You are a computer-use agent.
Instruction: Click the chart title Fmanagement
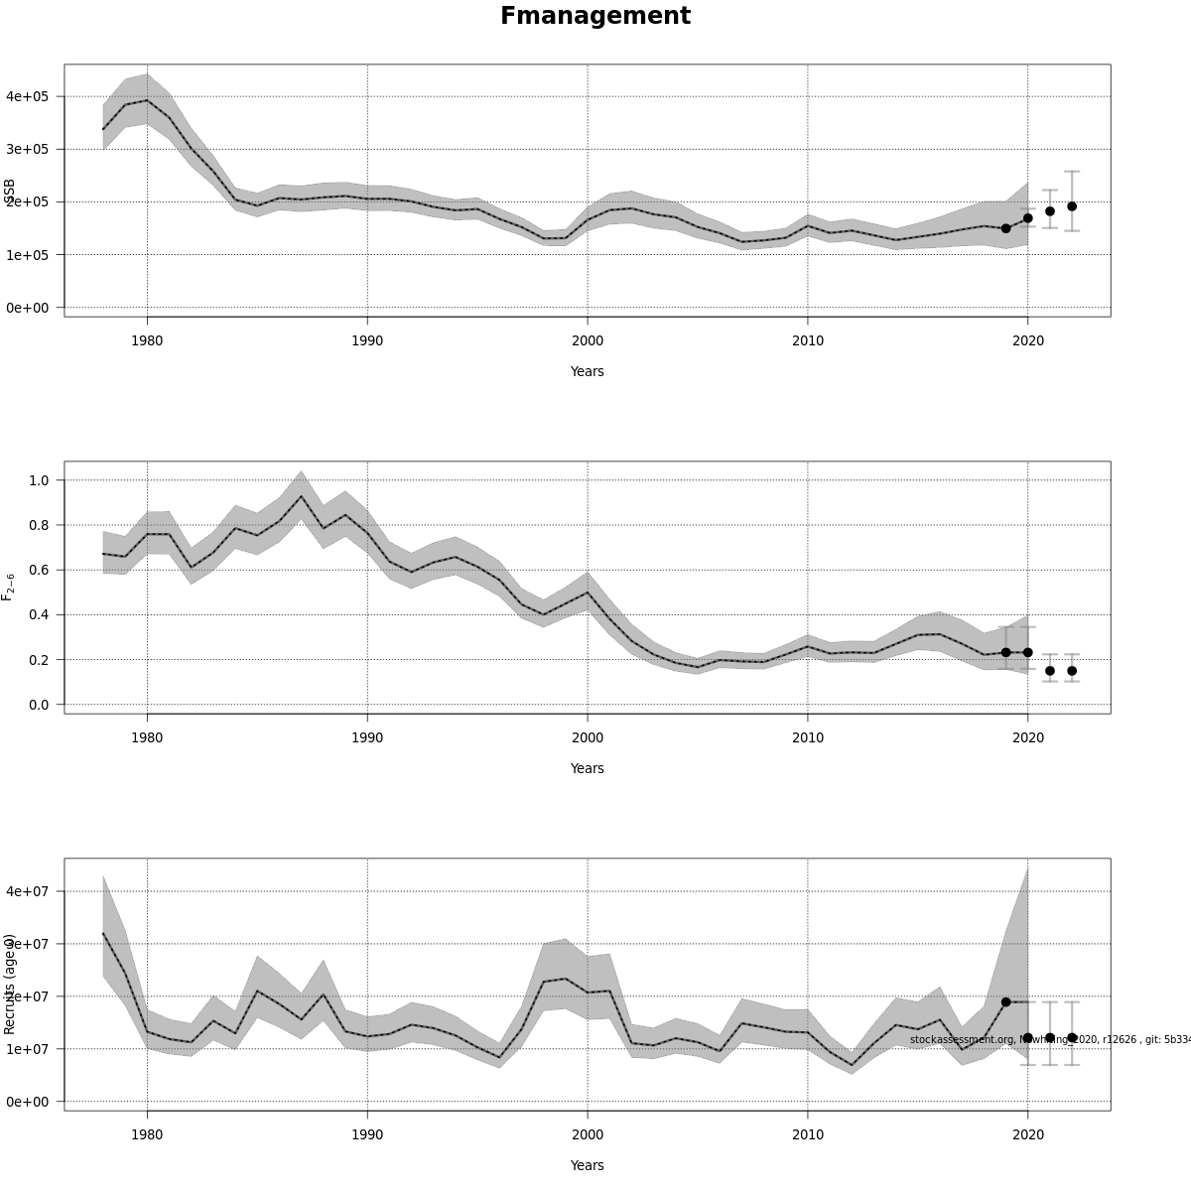595,16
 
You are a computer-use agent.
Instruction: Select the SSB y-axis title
10,192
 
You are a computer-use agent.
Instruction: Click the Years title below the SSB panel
587,371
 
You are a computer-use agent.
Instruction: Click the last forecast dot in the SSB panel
1072,206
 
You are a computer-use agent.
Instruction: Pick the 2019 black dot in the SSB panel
1005,228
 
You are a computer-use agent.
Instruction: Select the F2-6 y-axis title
9,587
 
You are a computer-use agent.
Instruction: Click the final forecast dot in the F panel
1072,671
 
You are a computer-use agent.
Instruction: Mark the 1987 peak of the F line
301,497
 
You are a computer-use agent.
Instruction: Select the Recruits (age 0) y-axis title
10,984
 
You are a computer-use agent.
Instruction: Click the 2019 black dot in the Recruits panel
1005,1002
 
